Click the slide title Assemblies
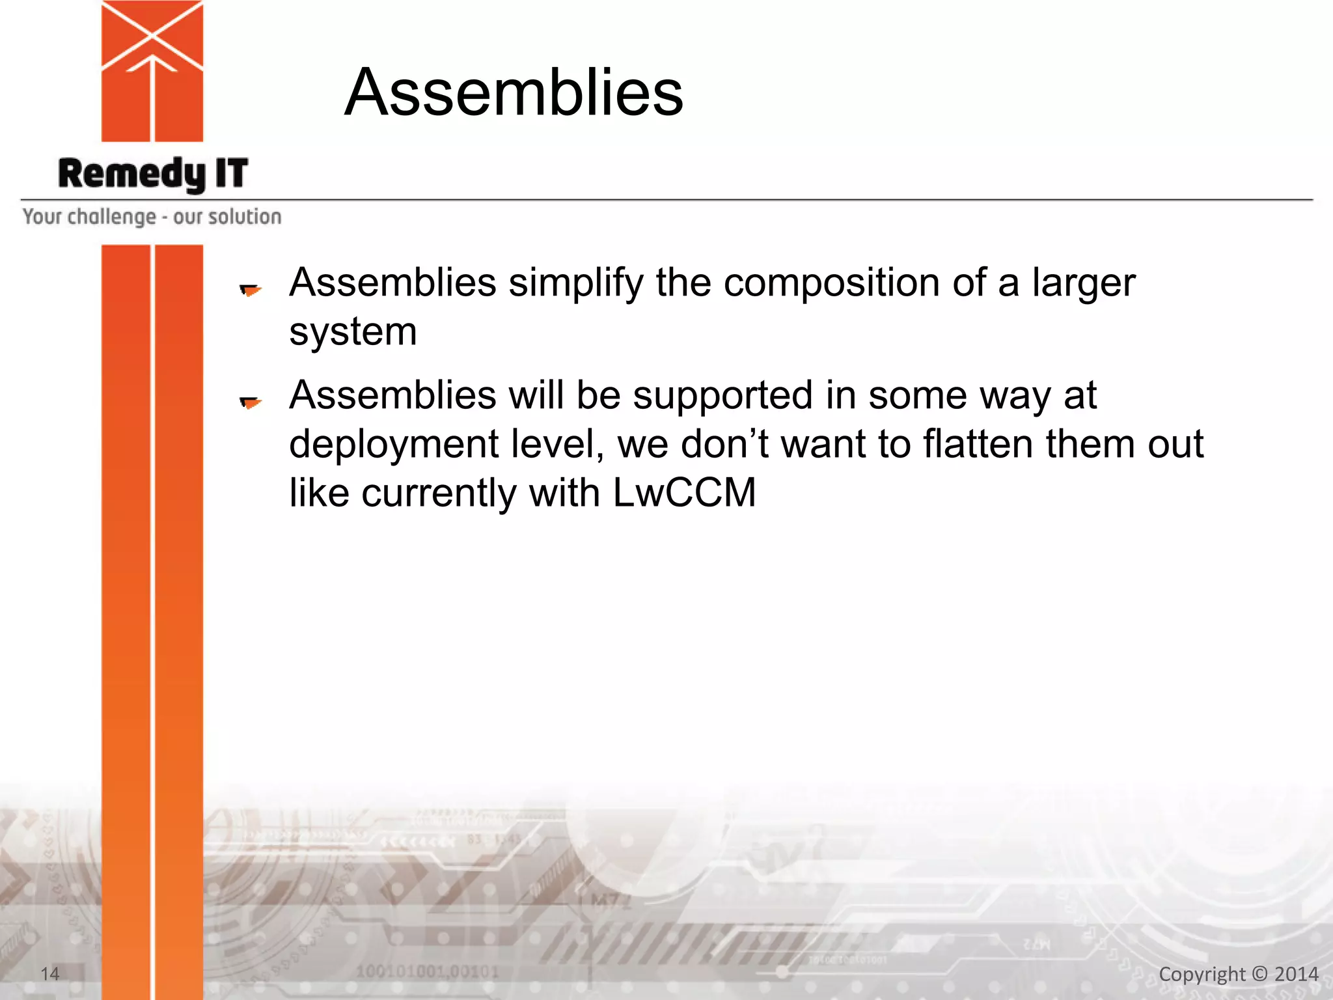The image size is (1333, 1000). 514,92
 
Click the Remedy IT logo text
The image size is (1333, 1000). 153,174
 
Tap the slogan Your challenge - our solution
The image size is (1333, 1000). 152,217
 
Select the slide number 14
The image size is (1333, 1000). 50,974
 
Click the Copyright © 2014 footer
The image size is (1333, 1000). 1238,974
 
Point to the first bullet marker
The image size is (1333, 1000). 251,289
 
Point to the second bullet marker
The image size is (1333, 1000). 251,402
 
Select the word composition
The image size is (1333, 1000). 832,283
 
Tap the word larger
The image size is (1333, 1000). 1083,283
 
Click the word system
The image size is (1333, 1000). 353,332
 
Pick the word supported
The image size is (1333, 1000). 722,395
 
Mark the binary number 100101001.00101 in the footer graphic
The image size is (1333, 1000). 427,972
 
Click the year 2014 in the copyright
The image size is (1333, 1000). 1296,974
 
